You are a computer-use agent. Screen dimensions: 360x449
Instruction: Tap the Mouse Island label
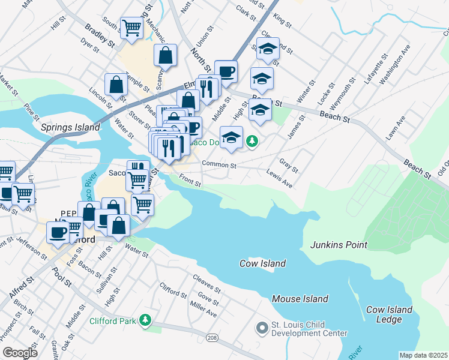tap(300, 299)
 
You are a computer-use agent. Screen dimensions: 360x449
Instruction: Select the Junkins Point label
tap(339, 245)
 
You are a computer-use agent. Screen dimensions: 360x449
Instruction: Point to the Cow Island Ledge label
tap(390, 314)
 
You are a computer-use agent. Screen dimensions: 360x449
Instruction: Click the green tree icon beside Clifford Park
tap(145, 320)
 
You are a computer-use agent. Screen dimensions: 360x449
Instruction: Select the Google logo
tap(20, 353)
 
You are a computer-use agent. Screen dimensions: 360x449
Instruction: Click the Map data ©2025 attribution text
tap(423, 355)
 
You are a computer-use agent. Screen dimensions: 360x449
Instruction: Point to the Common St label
tap(219, 164)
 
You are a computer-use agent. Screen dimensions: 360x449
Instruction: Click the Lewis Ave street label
tap(280, 179)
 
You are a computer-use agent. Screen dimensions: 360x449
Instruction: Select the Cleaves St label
tap(207, 283)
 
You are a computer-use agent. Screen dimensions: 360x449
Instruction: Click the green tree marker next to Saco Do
tap(253, 141)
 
